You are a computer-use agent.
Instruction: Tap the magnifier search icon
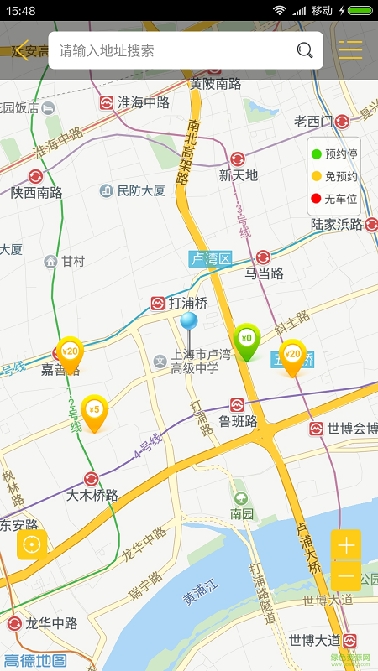pos(305,50)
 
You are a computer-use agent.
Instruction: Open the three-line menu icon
pos(350,50)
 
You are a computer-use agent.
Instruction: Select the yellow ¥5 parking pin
pos(94,411)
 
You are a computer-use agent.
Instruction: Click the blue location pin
pos(189,321)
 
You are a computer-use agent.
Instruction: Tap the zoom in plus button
pos(345,545)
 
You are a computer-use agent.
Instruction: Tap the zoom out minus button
pos(345,576)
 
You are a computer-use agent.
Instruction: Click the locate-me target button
pos(32,544)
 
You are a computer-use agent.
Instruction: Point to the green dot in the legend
pos(316,153)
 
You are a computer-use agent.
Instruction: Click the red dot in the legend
pos(316,199)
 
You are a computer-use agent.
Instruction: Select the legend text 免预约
pos(341,176)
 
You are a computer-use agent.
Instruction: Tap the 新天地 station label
pos(238,175)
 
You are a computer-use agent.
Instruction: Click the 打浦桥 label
pos(187,303)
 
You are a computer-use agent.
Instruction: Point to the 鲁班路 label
pos(238,421)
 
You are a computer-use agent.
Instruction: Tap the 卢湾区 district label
pos(210,258)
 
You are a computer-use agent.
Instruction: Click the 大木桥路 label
pos(92,495)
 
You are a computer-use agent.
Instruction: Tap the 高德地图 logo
pos(35,661)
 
